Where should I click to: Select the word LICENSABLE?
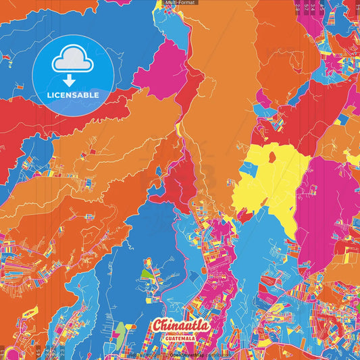pyautogui.click(x=73, y=95)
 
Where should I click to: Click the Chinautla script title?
pyautogui.click(x=180, y=326)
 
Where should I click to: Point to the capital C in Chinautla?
pyautogui.click(x=158, y=325)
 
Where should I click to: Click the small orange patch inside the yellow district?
pyautogui.click(x=272, y=157)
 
